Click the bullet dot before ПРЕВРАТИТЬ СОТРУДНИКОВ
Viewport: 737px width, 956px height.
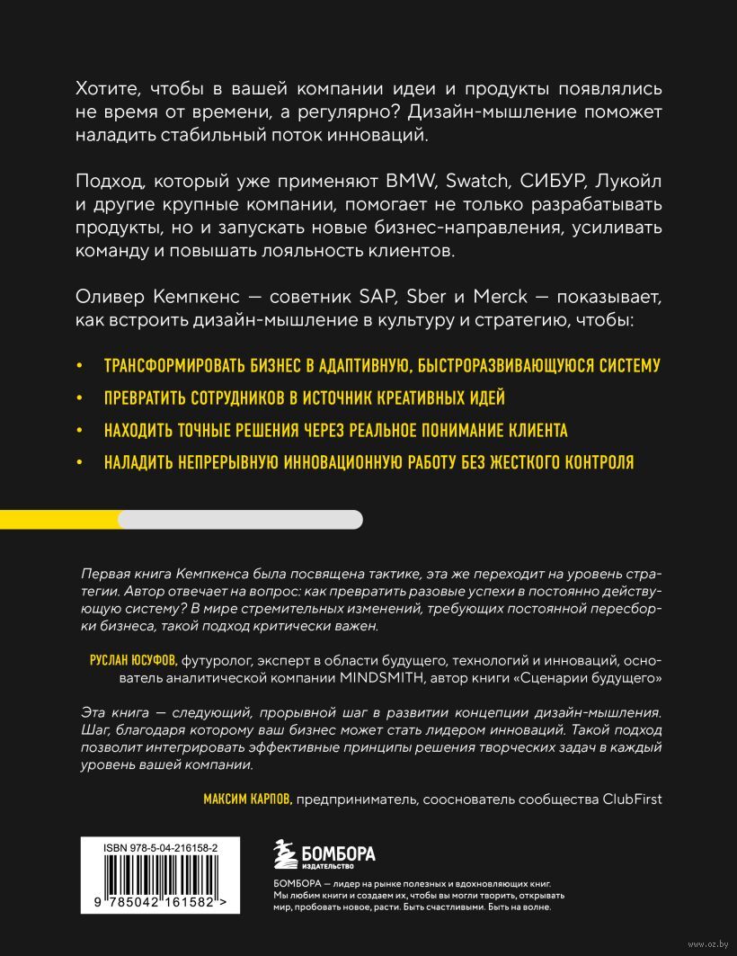tap(80, 398)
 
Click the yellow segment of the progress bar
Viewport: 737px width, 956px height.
tap(58, 519)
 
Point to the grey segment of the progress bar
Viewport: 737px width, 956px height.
tap(241, 519)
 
